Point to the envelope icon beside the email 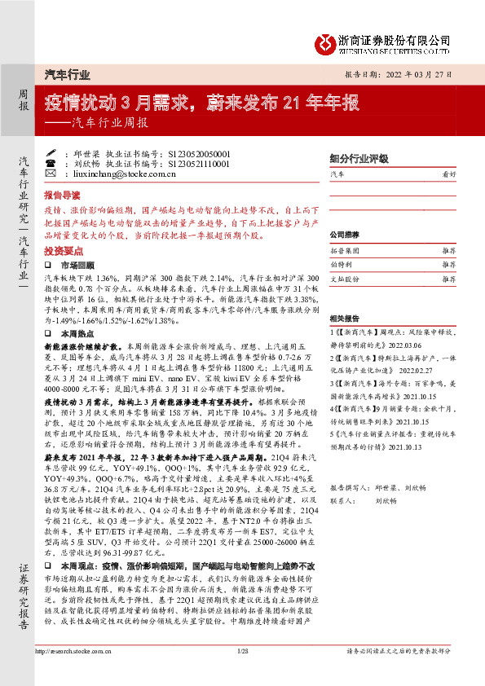pos(51,174)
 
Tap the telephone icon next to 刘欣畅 pos(51,163)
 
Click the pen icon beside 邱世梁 pos(51,152)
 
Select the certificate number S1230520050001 pos(199,152)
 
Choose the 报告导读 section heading pos(62,196)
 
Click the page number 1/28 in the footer pos(242,673)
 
